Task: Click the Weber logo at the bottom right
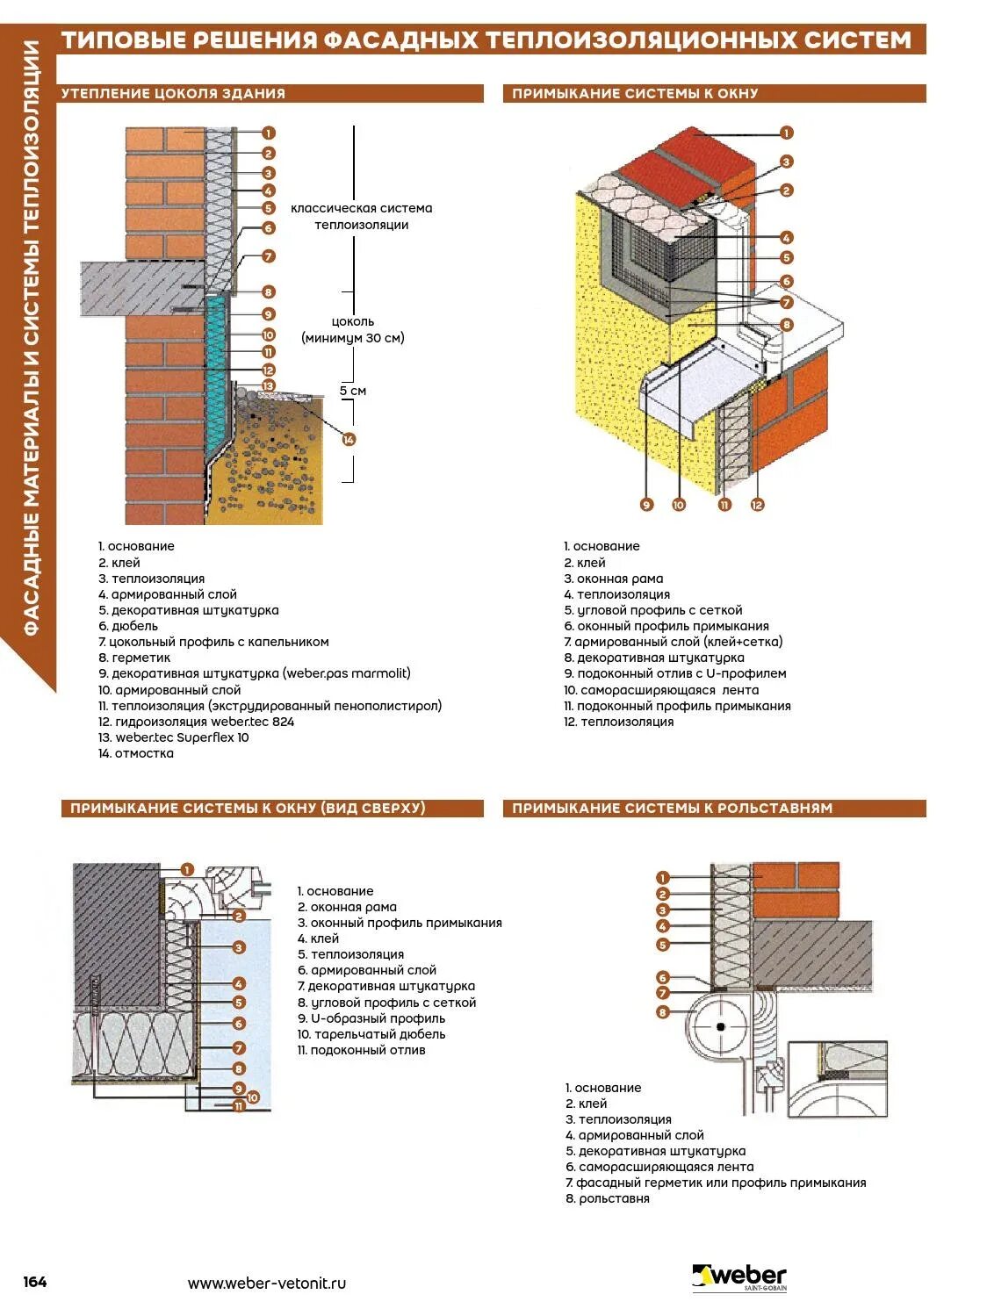pyautogui.click(x=739, y=1277)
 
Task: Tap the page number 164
pyautogui.click(x=35, y=1282)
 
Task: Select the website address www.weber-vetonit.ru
pyautogui.click(x=267, y=1283)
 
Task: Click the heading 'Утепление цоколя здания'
pyautogui.click(x=173, y=93)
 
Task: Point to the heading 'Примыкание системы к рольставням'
pyautogui.click(x=672, y=808)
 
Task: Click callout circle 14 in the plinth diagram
pyautogui.click(x=349, y=439)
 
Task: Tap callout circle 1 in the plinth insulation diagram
pyautogui.click(x=269, y=133)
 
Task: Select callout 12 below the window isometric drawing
pyautogui.click(x=757, y=505)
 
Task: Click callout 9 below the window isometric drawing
pyautogui.click(x=646, y=505)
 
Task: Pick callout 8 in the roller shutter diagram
pyautogui.click(x=663, y=1012)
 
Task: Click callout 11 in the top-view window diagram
pyautogui.click(x=239, y=1107)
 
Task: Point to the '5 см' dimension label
pyautogui.click(x=353, y=391)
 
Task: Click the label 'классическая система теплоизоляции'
pyautogui.click(x=362, y=216)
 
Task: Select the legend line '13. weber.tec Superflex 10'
pyautogui.click(x=174, y=737)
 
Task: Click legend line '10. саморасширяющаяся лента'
pyautogui.click(x=661, y=690)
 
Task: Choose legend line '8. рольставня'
pyautogui.click(x=608, y=1198)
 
